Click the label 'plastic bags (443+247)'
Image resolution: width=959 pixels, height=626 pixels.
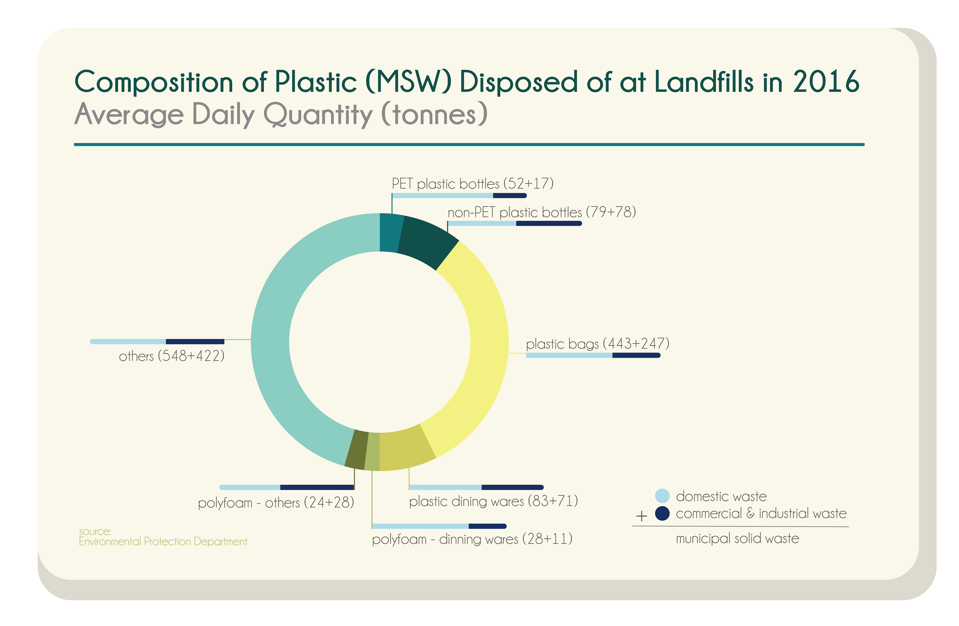597,344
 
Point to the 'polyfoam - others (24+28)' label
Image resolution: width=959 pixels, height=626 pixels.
276,503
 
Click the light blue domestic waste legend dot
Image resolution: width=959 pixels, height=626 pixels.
662,496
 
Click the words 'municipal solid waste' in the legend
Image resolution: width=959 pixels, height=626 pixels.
737,539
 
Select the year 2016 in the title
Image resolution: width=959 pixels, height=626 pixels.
826,82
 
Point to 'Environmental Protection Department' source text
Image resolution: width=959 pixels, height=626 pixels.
163,541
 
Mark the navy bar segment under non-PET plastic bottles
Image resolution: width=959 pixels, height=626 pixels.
548,223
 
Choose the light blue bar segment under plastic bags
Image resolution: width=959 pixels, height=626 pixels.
569,355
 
